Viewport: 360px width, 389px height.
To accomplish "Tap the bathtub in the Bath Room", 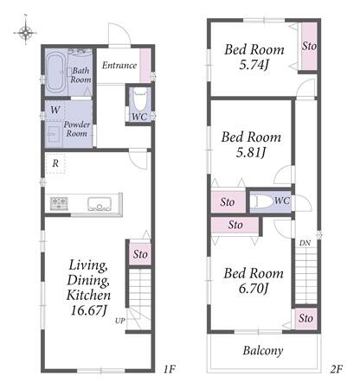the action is (x=56, y=72).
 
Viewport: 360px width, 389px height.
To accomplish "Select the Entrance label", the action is (x=119, y=66).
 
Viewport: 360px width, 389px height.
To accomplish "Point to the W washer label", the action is (x=55, y=110).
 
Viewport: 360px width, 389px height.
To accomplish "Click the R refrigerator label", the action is (x=55, y=163).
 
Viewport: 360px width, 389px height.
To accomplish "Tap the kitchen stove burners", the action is (x=59, y=203).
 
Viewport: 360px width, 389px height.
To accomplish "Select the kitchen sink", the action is (x=100, y=204).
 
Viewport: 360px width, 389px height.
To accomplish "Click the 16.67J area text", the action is (x=88, y=310).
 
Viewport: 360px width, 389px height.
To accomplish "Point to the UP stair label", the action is (x=120, y=321).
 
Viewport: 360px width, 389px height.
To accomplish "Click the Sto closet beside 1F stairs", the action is (x=140, y=254).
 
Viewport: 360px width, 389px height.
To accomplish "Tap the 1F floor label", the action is (x=169, y=369).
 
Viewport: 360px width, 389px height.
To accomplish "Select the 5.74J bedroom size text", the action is (x=254, y=65).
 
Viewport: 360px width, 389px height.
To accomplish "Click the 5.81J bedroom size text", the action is (x=251, y=152).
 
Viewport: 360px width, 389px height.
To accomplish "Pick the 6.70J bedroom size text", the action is (x=254, y=289).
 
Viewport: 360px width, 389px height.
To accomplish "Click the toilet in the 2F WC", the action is (x=262, y=201).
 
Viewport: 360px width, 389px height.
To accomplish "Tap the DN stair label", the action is (x=305, y=243).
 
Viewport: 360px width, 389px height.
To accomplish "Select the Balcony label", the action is (x=263, y=351).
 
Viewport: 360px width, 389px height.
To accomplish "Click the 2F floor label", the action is (x=336, y=369).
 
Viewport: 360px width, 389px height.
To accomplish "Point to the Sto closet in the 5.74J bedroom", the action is (x=309, y=46).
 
